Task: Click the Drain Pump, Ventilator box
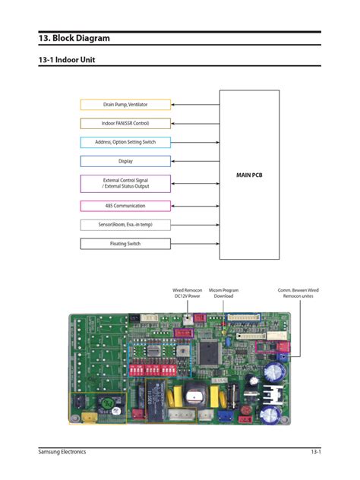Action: coord(125,104)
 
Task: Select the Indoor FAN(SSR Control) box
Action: coord(125,123)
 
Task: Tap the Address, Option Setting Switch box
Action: coord(125,142)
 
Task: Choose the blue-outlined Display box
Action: coord(125,161)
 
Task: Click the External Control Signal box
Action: coord(125,183)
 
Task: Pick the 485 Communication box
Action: coord(125,206)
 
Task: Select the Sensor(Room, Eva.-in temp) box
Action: coord(125,225)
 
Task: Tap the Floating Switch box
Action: coord(125,244)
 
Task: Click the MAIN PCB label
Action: coord(248,175)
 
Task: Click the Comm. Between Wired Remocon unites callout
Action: coord(298,293)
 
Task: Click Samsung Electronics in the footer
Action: coord(62,452)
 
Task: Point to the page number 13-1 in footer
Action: coord(315,452)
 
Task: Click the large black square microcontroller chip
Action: coord(208,350)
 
